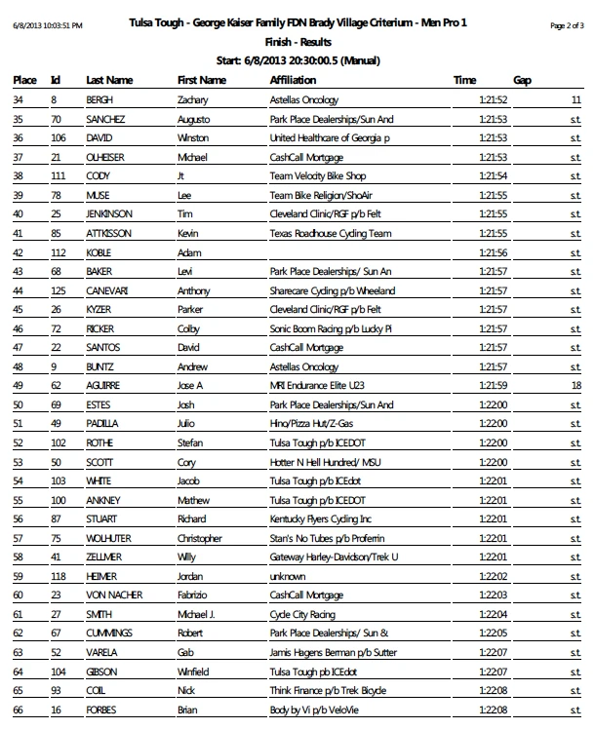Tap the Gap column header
(x=522, y=80)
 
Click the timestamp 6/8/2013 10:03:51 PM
(x=48, y=24)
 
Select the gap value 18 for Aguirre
(x=576, y=386)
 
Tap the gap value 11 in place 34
(x=576, y=99)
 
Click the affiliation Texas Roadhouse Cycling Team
(x=330, y=234)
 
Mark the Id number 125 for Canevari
(x=58, y=291)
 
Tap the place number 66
(x=19, y=710)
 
